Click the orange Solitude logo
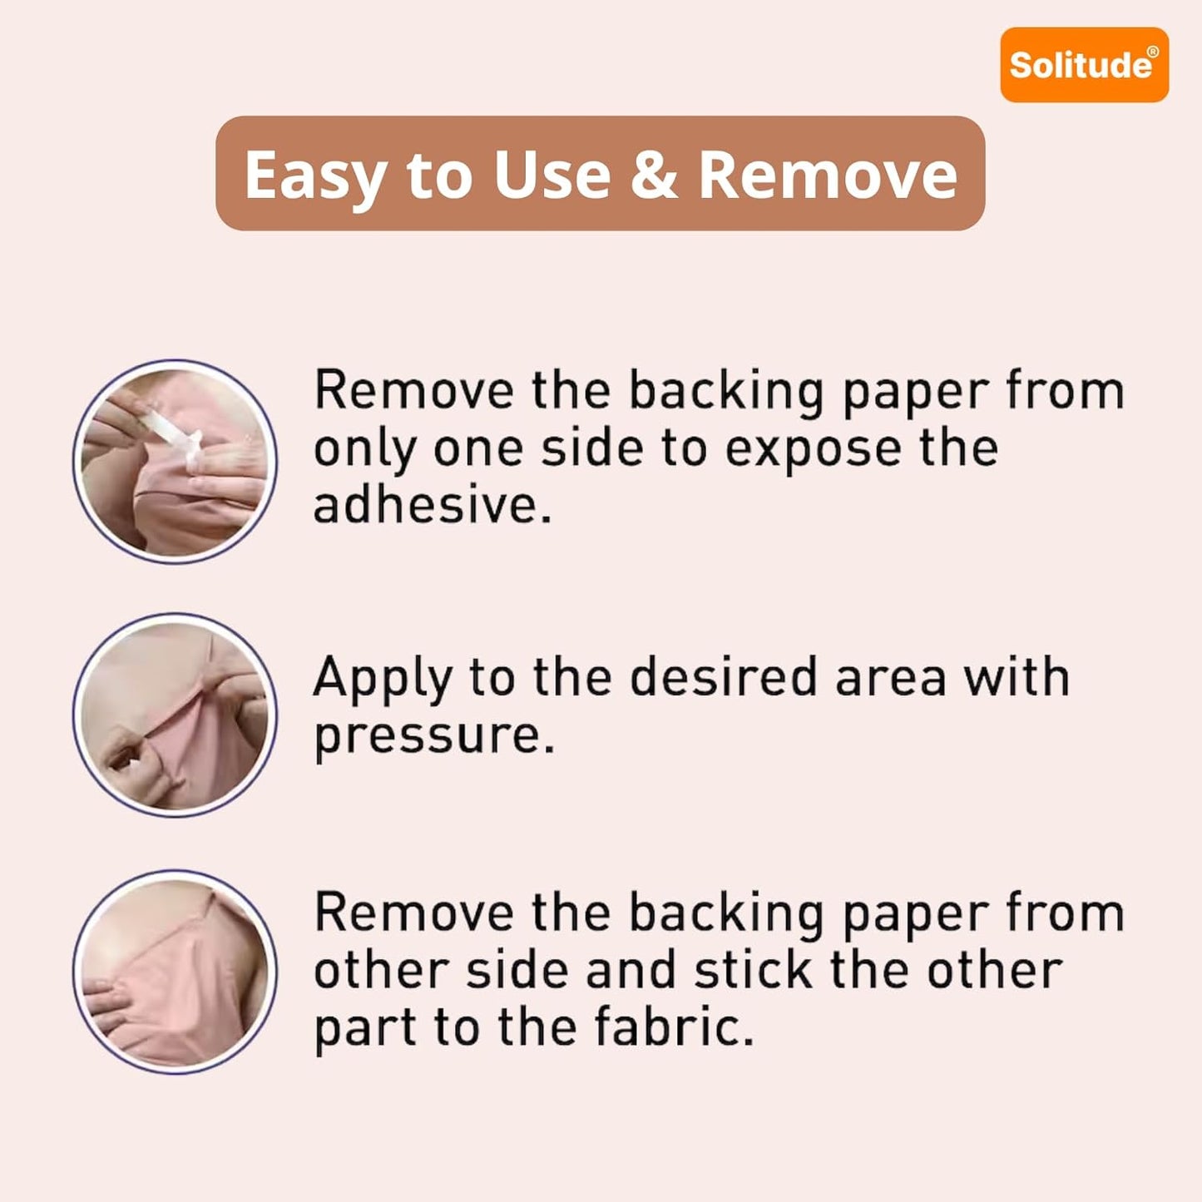click(x=1084, y=65)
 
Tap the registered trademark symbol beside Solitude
click(x=1154, y=52)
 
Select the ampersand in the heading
click(x=654, y=175)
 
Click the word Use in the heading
click(x=552, y=175)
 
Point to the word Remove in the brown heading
click(x=827, y=175)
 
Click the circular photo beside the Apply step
click(x=176, y=715)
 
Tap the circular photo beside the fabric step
click(x=176, y=972)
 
